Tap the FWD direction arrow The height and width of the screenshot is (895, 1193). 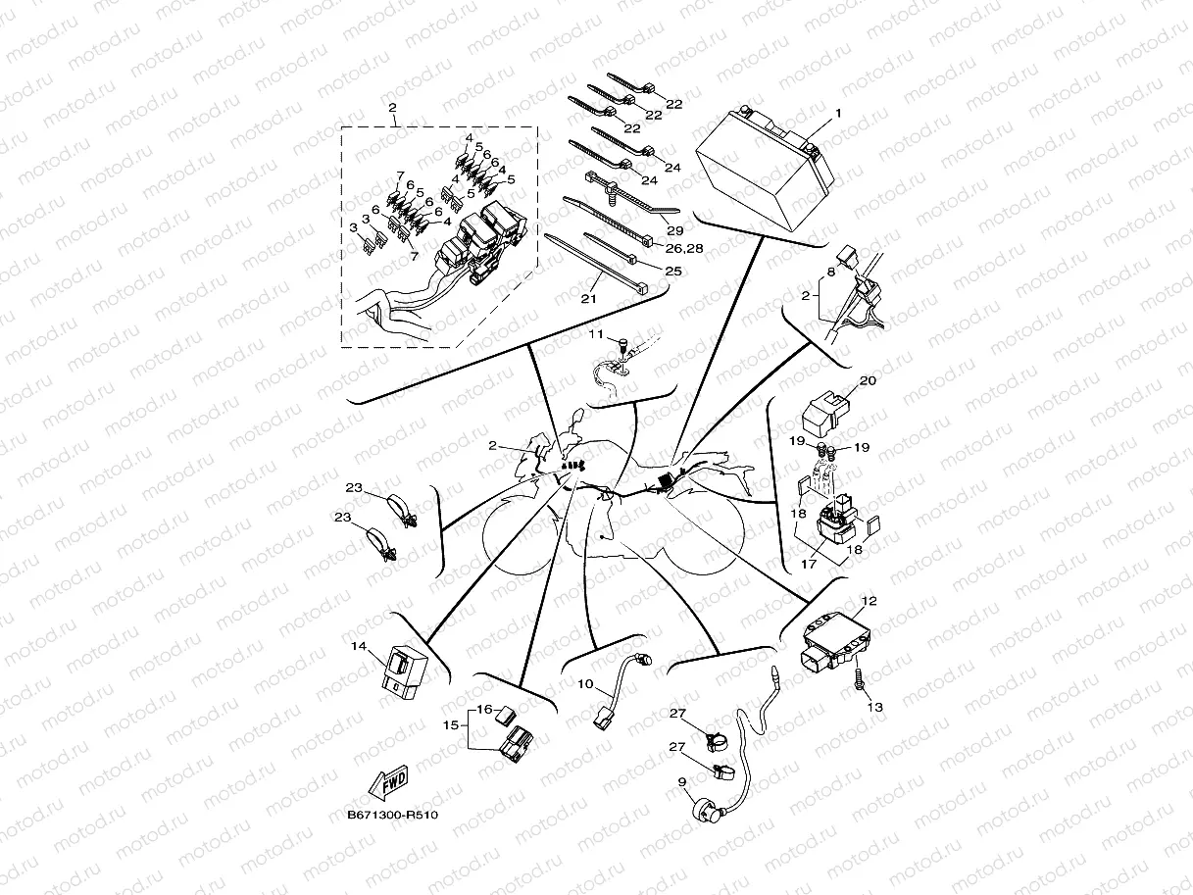coord(388,782)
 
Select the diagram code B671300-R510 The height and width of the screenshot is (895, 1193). coord(392,816)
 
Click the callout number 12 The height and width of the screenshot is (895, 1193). coord(870,601)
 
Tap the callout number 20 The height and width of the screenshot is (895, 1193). coord(868,380)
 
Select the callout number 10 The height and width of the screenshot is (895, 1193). coord(585,683)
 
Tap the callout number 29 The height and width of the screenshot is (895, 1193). coord(675,230)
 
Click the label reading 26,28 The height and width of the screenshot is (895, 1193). coord(684,248)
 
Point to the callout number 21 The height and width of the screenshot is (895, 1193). coord(588,298)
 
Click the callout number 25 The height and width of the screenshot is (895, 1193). coord(673,271)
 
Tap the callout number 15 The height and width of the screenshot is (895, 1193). coord(451,724)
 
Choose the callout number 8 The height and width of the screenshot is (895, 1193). coord(831,272)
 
